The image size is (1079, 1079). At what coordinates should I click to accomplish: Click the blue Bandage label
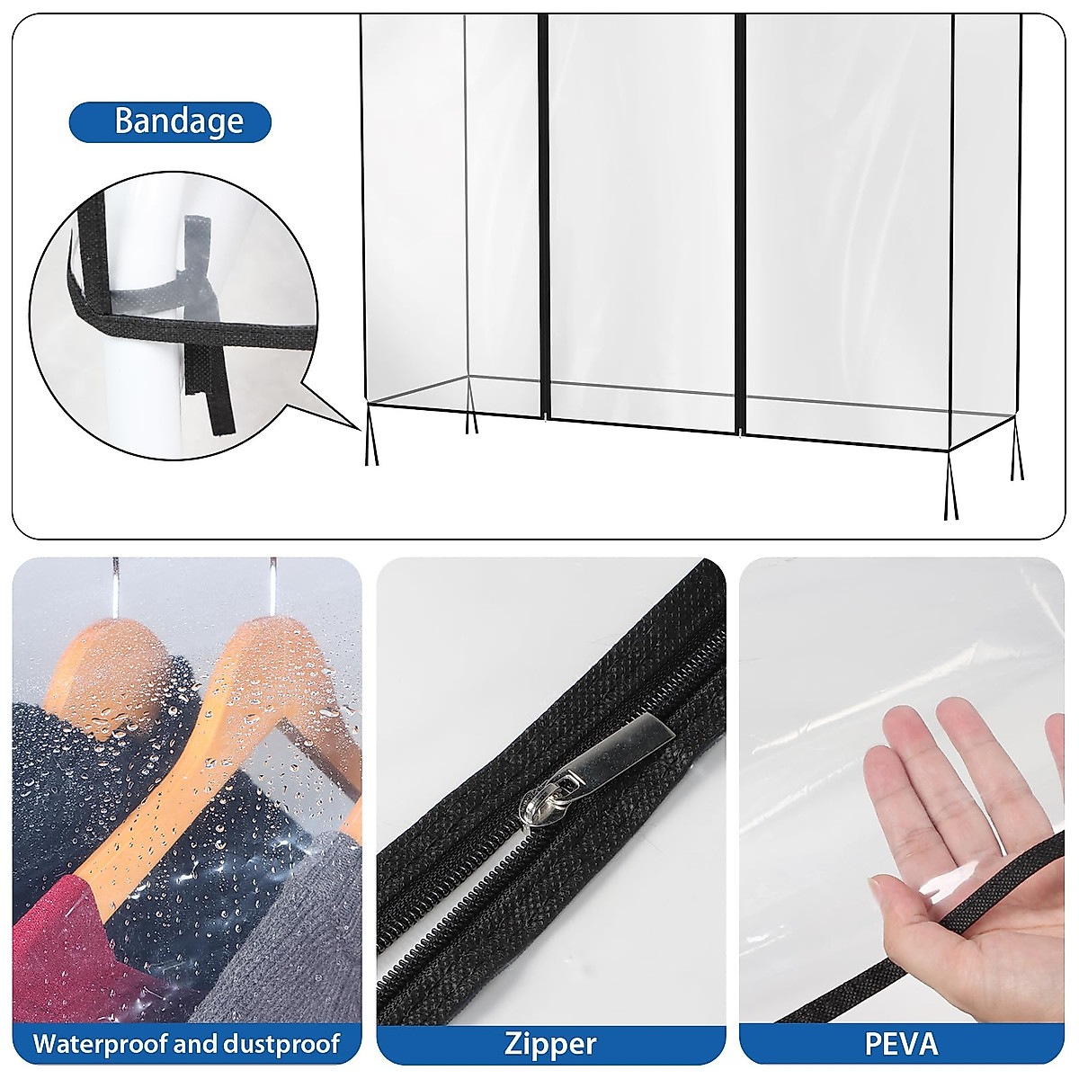pos(170,121)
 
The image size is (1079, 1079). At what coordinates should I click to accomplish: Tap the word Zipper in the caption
pos(549,1044)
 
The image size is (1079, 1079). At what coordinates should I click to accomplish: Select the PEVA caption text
pos(901,1044)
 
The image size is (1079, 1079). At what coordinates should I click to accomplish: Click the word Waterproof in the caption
pos(101,1044)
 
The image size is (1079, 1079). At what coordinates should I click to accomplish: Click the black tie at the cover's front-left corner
pos(370,436)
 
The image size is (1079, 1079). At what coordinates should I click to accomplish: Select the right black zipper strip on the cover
pos(740,225)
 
